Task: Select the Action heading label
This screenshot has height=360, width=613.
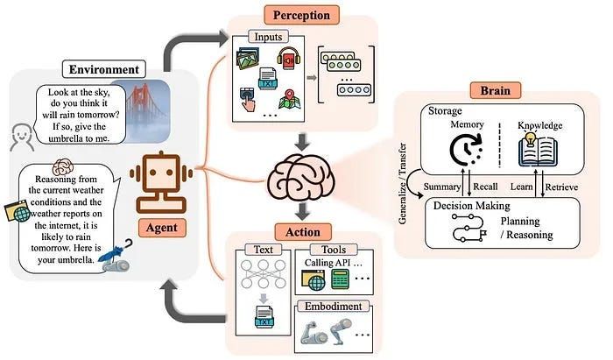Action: tap(302, 231)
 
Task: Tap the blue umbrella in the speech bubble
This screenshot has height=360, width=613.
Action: tap(113, 255)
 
